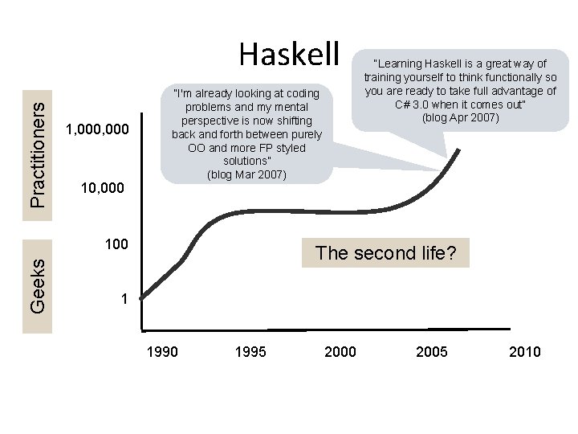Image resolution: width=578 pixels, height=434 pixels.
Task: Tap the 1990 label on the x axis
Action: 163,351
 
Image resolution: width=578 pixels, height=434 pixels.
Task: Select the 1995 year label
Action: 251,351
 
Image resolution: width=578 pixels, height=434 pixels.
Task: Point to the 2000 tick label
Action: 340,351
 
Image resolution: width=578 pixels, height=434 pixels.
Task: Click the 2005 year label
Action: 432,351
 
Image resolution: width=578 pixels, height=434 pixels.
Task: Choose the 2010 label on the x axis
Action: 525,351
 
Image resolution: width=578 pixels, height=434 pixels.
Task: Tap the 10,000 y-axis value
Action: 104,189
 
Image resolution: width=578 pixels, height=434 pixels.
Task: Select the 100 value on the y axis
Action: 117,243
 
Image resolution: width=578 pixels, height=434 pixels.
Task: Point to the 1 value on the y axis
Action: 124,299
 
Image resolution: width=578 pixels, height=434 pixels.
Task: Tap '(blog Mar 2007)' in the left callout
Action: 246,174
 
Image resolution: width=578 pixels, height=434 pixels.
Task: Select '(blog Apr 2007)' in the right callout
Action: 460,118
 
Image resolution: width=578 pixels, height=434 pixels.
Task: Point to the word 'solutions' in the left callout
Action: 246,162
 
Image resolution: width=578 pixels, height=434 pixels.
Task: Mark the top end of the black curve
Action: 460,149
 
